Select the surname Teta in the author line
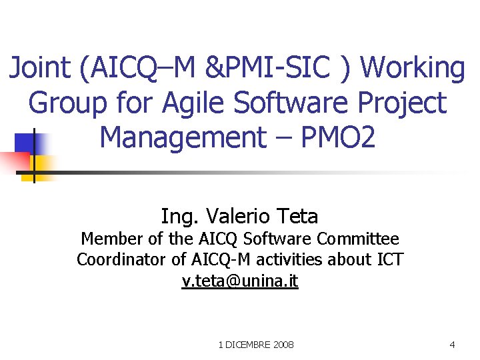[295, 216]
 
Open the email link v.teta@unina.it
[240, 281]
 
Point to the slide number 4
[453, 345]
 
